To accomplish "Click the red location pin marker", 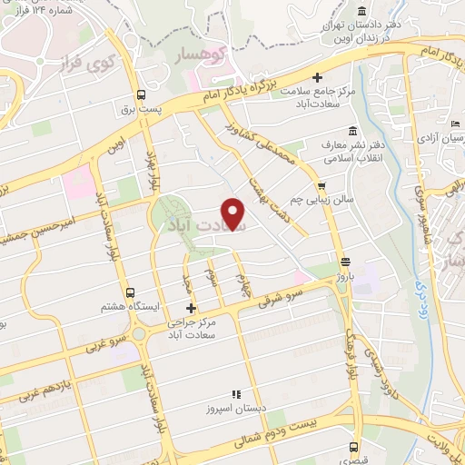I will (234, 214).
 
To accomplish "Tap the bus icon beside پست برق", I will (141, 94).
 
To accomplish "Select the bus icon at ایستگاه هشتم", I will (131, 293).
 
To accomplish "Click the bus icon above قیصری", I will (354, 446).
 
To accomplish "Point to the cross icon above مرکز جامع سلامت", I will (316, 77).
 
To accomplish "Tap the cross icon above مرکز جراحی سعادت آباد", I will (190, 310).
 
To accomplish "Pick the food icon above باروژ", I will (343, 263).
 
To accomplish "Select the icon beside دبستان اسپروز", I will (234, 395).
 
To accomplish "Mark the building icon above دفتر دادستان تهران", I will (362, 11).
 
